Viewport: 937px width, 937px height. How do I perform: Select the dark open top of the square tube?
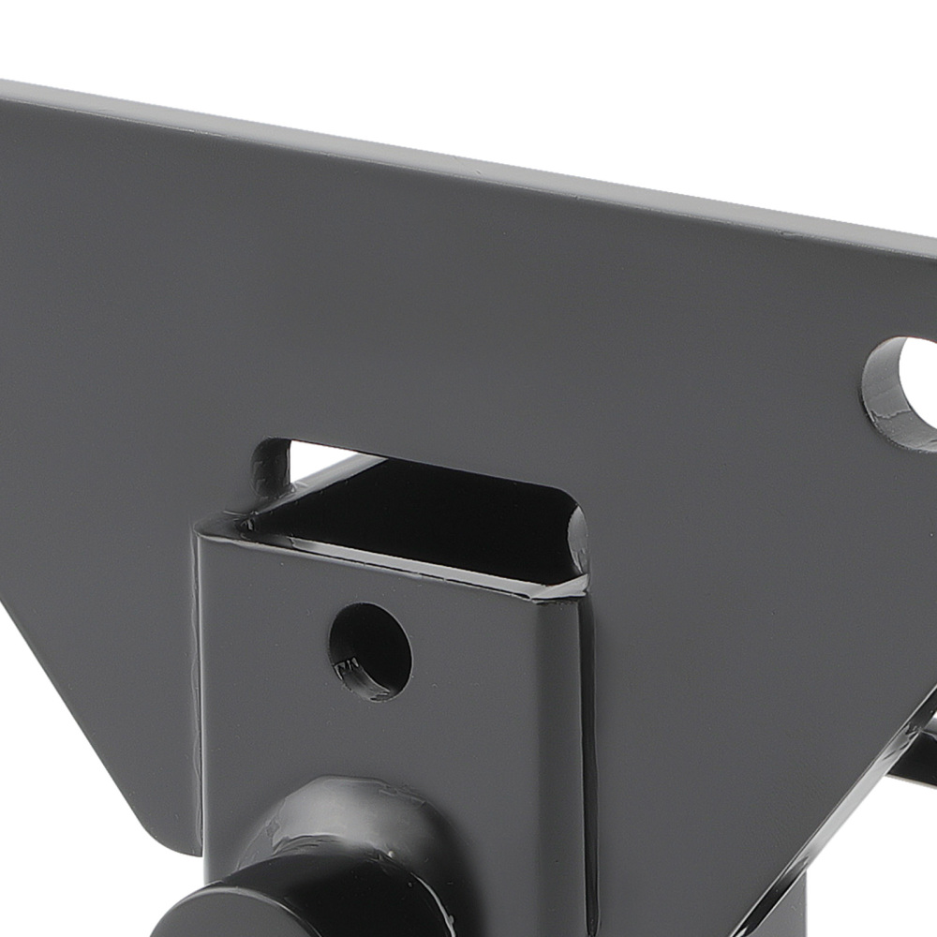click(422, 511)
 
